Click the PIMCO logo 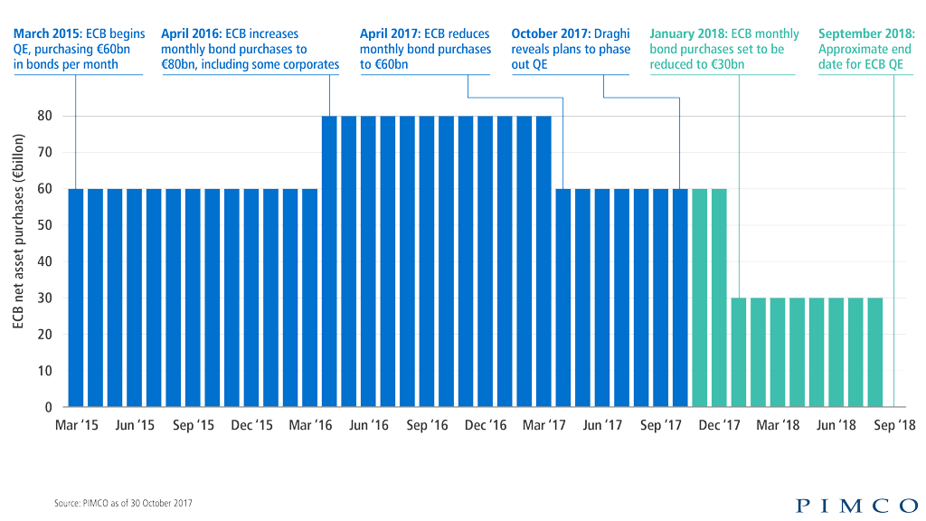coord(856,505)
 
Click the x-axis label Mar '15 coord(77,425)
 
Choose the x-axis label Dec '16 coord(486,425)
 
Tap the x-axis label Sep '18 coord(893,425)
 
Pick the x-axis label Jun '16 coord(369,425)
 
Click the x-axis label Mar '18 coord(777,425)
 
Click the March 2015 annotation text coord(79,50)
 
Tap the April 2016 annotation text coord(250,50)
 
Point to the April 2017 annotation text coord(425,50)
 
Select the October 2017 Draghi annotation coord(571,50)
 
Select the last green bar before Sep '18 coord(874,352)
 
